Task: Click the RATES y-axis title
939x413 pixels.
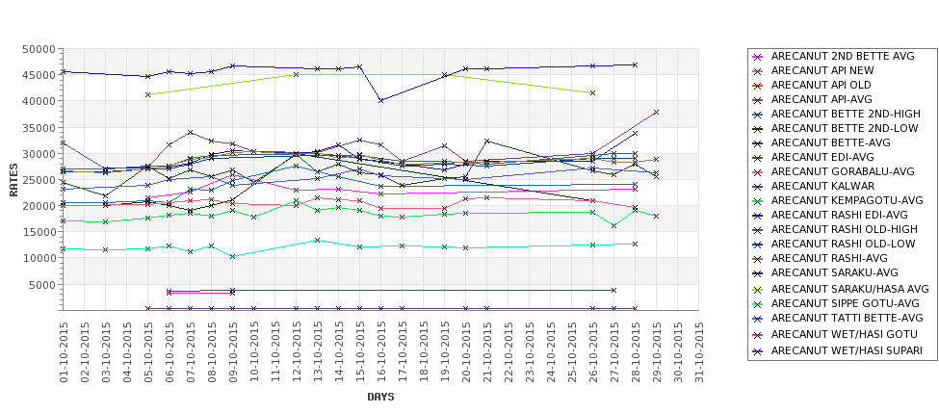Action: (13, 179)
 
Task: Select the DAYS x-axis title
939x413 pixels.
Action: (380, 397)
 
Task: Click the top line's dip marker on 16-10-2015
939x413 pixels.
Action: (381, 100)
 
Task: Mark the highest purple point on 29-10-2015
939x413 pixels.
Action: (656, 113)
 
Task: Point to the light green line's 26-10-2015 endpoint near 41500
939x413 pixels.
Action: (592, 92)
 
